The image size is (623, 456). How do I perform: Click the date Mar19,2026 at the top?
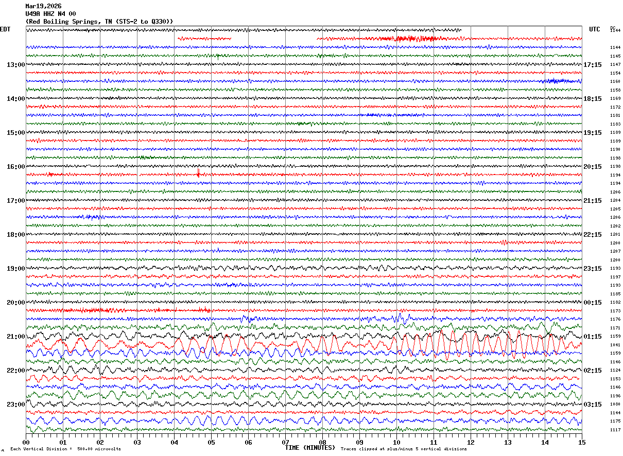[43, 6]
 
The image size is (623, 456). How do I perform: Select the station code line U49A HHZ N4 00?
[50, 13]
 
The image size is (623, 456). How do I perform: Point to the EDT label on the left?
[5, 29]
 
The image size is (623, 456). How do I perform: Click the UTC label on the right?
[595, 29]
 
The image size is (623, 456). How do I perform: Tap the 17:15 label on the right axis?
[592, 65]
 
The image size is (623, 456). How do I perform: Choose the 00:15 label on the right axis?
[592, 303]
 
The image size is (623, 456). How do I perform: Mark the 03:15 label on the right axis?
[592, 405]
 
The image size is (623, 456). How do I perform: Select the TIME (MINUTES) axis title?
[310, 448]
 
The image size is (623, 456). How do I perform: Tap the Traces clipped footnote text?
[404, 449]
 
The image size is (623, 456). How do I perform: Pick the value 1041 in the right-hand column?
[615, 345]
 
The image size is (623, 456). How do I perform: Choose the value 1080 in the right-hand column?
[615, 405]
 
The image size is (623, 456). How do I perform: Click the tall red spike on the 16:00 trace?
[198, 172]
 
